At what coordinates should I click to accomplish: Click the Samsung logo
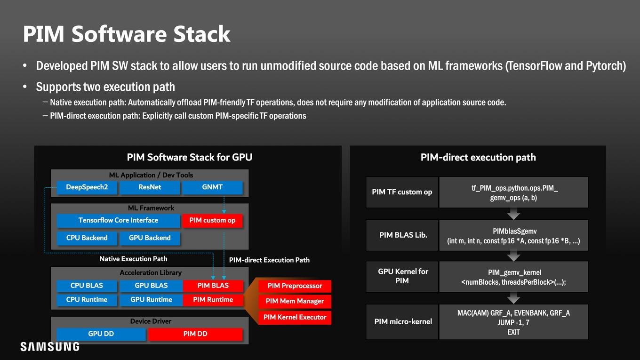pyautogui.click(x=50, y=346)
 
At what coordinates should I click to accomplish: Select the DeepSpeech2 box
pyautogui.click(x=87, y=187)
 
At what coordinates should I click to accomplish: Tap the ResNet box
pyautogui.click(x=150, y=187)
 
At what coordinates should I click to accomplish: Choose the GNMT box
pyautogui.click(x=213, y=187)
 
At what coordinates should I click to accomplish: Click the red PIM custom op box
pyautogui.click(x=213, y=221)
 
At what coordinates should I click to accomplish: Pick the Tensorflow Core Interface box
pyautogui.click(x=118, y=221)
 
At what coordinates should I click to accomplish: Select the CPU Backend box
pyautogui.click(x=87, y=238)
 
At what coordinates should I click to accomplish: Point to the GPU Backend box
pyautogui.click(x=150, y=238)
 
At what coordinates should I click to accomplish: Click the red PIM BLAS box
pyautogui.click(x=213, y=286)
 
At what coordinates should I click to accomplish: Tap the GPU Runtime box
pyautogui.click(x=151, y=300)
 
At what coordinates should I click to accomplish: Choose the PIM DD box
pyautogui.click(x=195, y=334)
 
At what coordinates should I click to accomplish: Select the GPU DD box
pyautogui.click(x=101, y=334)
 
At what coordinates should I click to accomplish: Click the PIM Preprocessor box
pyautogui.click(x=295, y=286)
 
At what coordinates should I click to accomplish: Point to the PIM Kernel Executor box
pyautogui.click(x=295, y=318)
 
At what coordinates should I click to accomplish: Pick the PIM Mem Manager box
pyautogui.click(x=295, y=302)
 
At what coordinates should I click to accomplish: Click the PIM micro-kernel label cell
pyautogui.click(x=402, y=322)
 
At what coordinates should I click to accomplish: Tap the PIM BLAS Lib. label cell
pyautogui.click(x=402, y=235)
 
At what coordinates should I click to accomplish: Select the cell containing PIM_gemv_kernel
pyautogui.click(x=513, y=277)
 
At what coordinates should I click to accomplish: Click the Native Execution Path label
pyautogui.click(x=133, y=259)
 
